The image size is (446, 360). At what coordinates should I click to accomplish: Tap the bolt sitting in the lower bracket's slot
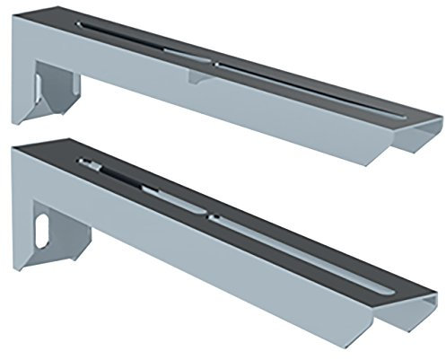[x=91, y=164]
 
